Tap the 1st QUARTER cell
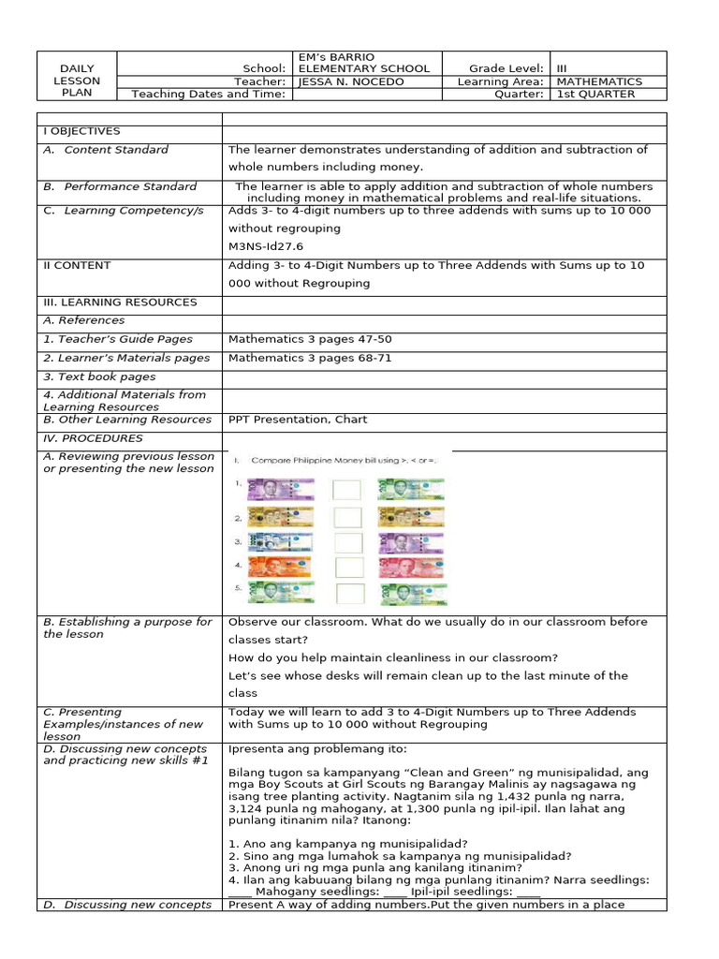tap(595, 94)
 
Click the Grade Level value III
tap(562, 68)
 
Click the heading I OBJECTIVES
tap(81, 131)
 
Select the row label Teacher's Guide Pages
tap(118, 339)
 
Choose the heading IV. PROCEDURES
tap(93, 438)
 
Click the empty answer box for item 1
tap(346, 490)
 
